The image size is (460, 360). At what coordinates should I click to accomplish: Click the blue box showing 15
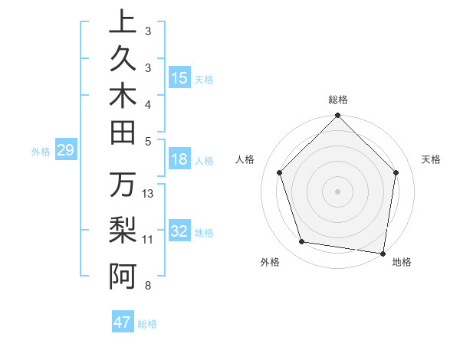(179, 78)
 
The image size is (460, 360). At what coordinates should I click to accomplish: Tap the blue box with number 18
(179, 159)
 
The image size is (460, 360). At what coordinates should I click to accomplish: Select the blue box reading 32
(179, 231)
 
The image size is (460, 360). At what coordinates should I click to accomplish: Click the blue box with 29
(65, 151)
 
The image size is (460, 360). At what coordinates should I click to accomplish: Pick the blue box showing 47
(123, 322)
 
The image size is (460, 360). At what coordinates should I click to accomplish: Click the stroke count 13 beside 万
(149, 194)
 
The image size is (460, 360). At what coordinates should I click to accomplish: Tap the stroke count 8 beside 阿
(148, 286)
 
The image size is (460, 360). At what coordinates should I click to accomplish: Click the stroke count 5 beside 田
(148, 141)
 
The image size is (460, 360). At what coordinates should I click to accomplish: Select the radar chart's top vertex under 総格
(337, 116)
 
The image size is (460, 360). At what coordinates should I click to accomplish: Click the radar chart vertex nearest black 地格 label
(383, 253)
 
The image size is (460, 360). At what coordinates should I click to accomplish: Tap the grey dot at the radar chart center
(337, 191)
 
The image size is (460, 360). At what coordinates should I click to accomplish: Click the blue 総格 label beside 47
(147, 324)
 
